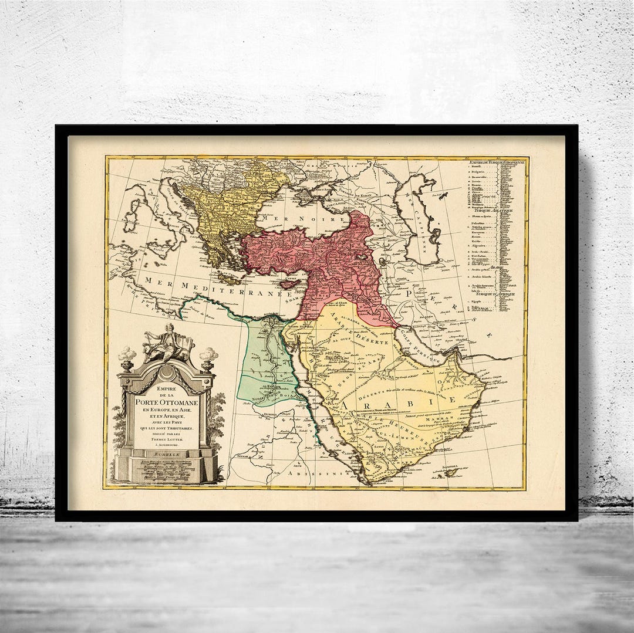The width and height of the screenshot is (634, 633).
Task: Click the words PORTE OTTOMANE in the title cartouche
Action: tap(167, 403)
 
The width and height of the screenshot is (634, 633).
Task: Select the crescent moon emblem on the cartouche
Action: tap(166, 372)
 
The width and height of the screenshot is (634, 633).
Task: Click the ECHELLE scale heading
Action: tap(167, 454)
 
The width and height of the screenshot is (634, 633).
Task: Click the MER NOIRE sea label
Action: tap(287, 218)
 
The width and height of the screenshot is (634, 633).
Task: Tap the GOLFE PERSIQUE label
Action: tap(421, 347)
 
